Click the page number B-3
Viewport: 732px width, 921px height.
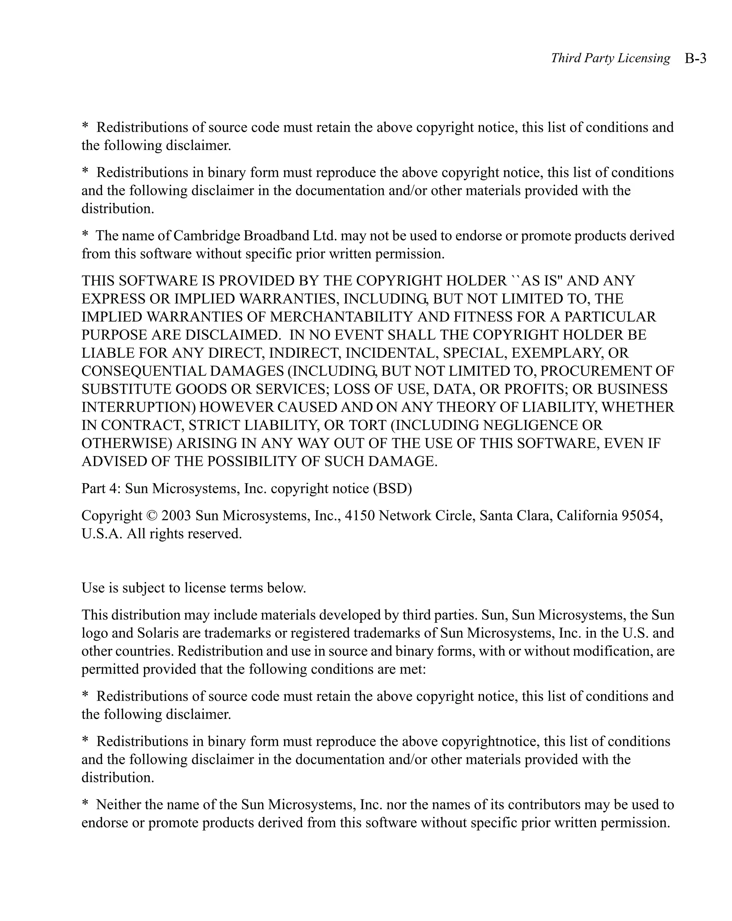[695, 58]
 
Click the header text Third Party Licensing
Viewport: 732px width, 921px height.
[610, 58]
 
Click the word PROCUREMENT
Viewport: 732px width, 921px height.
[595, 371]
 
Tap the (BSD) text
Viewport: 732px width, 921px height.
[392, 489]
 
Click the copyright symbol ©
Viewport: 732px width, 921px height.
[151, 516]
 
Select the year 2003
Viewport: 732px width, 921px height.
[176, 516]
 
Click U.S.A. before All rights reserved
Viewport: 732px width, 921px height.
[102, 534]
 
